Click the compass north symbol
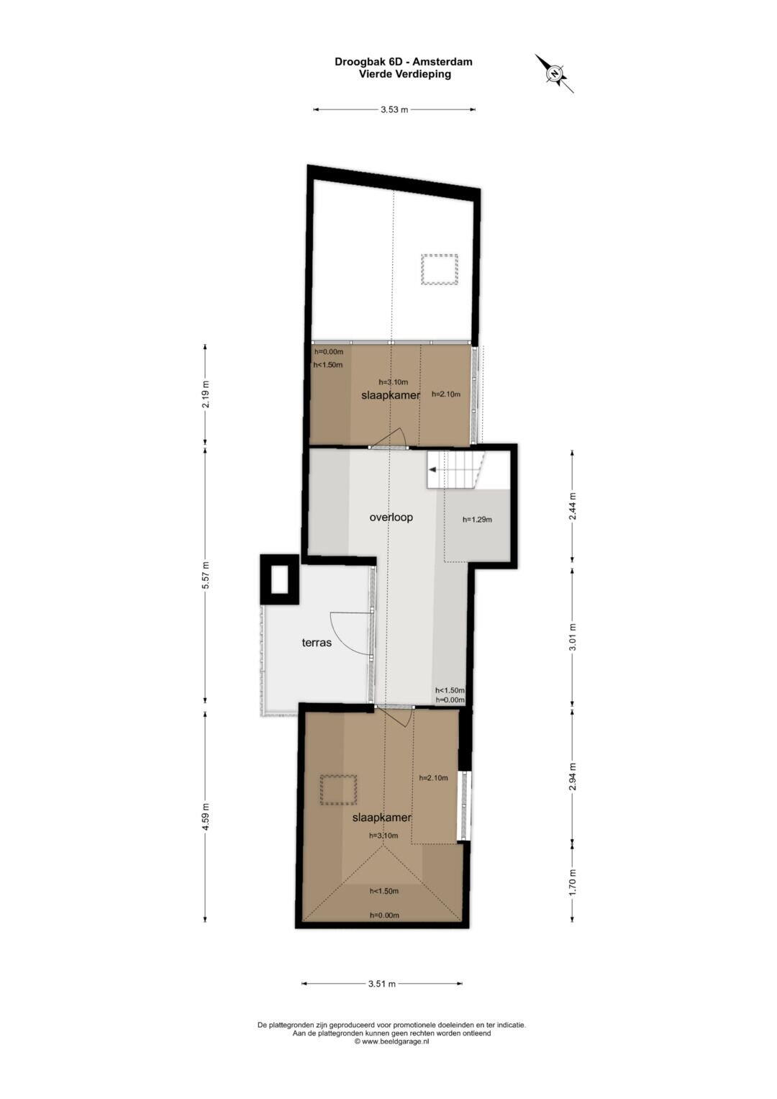coord(554,73)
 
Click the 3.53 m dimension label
coord(394,110)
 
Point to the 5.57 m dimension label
coord(206,576)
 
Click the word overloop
coord(391,517)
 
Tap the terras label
coord(317,642)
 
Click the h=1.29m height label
coord(477,520)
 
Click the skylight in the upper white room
coord(440,270)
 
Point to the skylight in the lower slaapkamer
coord(338,790)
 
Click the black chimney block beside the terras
coord(279,579)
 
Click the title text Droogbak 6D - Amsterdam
coord(403,62)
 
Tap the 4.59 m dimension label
coord(206,816)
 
